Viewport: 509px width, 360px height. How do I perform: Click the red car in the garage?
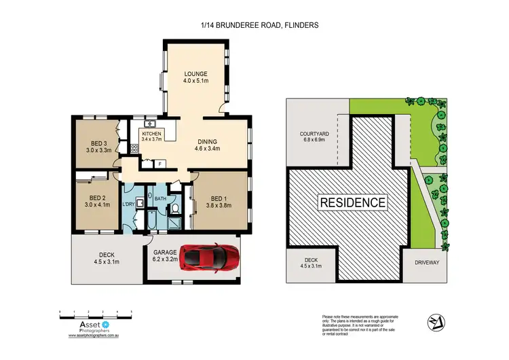210,258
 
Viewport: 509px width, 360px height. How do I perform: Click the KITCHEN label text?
151,136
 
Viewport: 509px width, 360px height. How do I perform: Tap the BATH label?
160,199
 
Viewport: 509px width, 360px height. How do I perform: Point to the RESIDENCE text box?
353,202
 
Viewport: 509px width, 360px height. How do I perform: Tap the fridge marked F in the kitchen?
159,164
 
